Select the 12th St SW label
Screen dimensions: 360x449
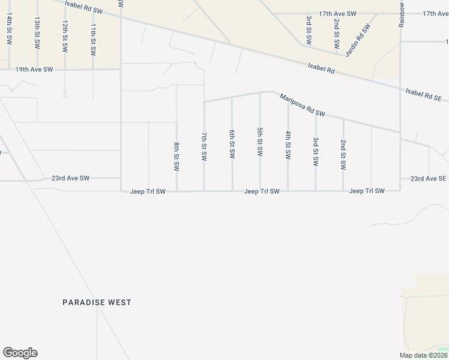(65, 34)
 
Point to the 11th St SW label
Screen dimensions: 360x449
(93, 39)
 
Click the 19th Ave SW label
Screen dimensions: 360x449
(34, 70)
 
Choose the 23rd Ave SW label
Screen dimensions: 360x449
(70, 178)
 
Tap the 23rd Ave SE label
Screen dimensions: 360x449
(429, 179)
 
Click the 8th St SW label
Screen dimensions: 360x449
(176, 157)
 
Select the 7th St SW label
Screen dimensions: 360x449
(204, 147)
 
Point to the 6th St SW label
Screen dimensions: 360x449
(232, 144)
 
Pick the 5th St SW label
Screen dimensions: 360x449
(260, 142)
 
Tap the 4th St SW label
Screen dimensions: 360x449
(288, 145)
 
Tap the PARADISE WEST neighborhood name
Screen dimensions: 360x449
(97, 302)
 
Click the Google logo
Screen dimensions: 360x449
(20, 353)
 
